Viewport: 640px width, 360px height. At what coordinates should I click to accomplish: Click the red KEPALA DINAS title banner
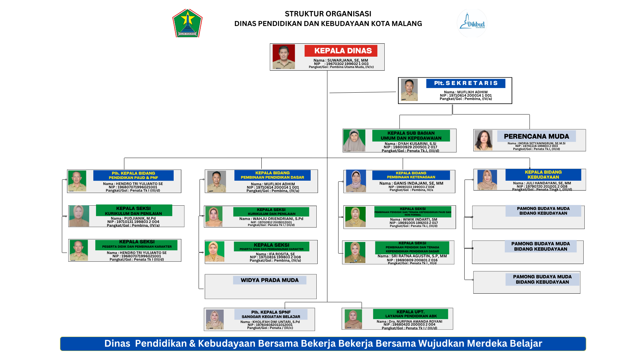(x=341, y=51)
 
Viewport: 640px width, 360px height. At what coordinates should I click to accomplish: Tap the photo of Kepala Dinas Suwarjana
(x=284, y=57)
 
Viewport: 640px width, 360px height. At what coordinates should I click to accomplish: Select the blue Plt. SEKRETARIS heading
(x=465, y=83)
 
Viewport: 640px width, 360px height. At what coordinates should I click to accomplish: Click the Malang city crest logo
(x=187, y=23)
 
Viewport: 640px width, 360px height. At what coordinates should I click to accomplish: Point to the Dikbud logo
(x=472, y=23)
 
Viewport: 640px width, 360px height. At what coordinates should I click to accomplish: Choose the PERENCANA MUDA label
(x=536, y=136)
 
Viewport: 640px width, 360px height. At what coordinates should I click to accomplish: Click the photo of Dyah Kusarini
(x=354, y=140)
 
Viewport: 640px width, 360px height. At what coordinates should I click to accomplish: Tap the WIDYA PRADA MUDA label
(x=269, y=280)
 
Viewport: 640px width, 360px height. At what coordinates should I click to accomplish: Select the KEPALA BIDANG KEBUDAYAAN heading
(x=543, y=175)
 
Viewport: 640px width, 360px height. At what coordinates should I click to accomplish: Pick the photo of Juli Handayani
(x=487, y=180)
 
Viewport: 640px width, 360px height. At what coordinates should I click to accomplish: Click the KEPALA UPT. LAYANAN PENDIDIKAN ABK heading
(x=410, y=314)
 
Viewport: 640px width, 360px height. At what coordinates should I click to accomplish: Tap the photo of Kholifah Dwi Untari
(x=215, y=319)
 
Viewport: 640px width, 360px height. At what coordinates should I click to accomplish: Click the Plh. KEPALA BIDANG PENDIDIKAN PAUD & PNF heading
(x=133, y=175)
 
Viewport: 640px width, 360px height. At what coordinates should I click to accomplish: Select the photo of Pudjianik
(x=79, y=216)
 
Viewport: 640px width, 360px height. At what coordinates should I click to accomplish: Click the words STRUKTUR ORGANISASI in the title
(x=328, y=14)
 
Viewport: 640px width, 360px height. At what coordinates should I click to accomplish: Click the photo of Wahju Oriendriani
(x=214, y=217)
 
